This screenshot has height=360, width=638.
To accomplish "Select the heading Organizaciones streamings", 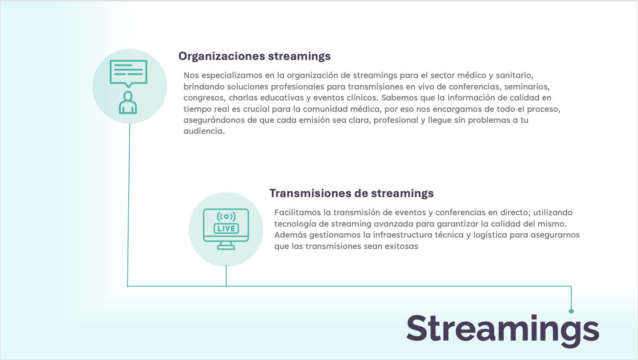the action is pos(254,57).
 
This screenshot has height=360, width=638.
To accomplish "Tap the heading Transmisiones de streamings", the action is pos(351,193).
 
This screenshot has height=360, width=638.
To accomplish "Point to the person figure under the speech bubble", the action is pos(128,103).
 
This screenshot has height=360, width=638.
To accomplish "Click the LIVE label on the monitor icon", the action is pos(226,228).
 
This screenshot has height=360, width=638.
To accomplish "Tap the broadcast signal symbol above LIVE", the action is pos(226,217).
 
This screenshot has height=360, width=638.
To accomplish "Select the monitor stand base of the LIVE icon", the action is pos(226,247).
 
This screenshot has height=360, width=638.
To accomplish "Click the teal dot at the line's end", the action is pos(571,311).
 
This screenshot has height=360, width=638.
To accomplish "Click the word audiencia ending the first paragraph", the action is pos(204,131).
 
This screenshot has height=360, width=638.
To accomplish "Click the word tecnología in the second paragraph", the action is pos(295,224).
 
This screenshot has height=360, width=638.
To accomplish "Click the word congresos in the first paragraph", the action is pos(205,98).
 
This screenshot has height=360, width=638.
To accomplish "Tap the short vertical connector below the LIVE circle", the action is pos(226,276).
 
